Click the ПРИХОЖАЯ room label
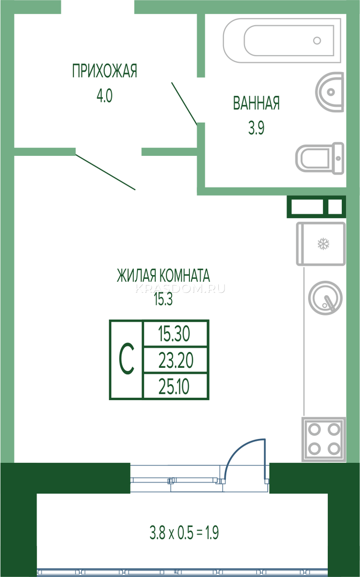pyautogui.click(x=105, y=71)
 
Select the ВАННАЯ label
pyautogui.click(x=256, y=103)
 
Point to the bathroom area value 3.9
pyautogui.click(x=256, y=128)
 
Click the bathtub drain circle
pyautogui.click(x=317, y=40)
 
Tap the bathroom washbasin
pyautogui.click(x=330, y=92)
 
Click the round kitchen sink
pyautogui.click(x=325, y=298)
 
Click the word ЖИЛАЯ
pyautogui.click(x=137, y=276)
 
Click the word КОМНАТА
pyautogui.click(x=185, y=276)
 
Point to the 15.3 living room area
pyautogui.click(x=163, y=299)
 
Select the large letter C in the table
pyautogui.click(x=126, y=359)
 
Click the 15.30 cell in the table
pyautogui.click(x=174, y=334)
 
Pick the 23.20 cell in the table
pyautogui.click(x=175, y=360)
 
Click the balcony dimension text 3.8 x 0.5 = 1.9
pyautogui.click(x=184, y=533)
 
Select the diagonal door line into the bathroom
pyautogui.click(x=185, y=103)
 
